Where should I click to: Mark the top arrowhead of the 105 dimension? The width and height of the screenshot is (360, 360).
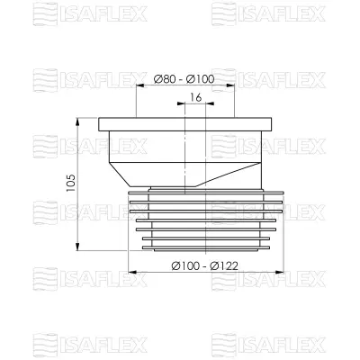pos(80,119)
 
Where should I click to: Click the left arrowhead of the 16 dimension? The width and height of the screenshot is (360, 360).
pos(184,103)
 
